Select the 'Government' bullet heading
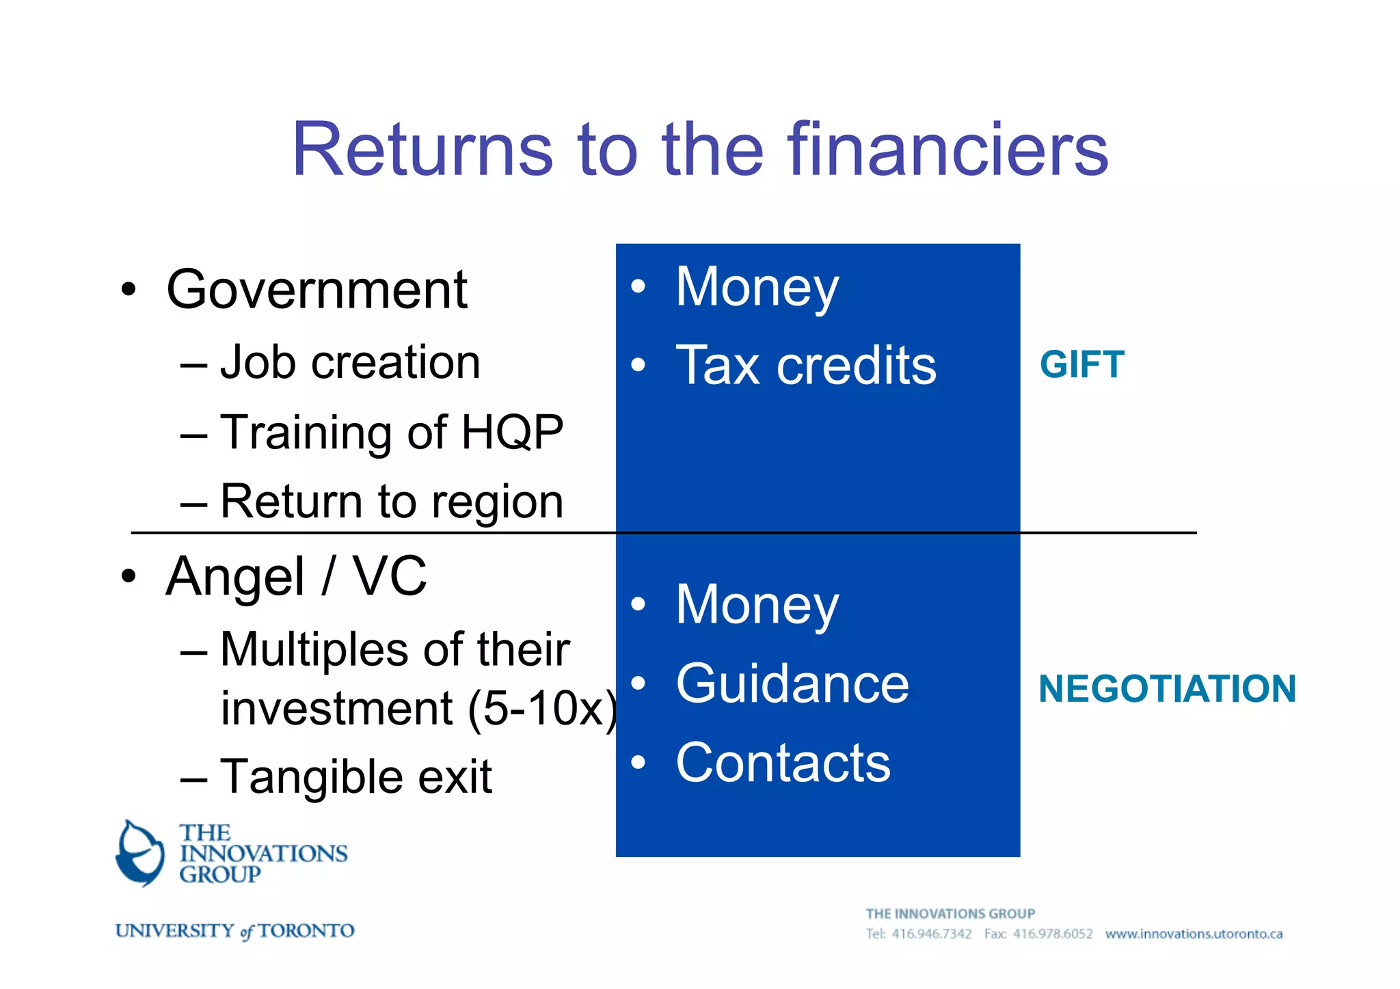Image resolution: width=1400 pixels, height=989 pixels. point(317,290)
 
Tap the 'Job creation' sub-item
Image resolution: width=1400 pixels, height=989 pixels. point(349,362)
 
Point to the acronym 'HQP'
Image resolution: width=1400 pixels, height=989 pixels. point(512,433)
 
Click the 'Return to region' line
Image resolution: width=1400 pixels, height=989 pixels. point(391,502)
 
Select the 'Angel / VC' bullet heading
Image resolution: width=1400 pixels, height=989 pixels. point(296,577)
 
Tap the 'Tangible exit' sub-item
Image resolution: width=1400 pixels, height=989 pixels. point(355,776)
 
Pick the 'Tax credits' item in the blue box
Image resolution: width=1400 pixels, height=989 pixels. point(805,366)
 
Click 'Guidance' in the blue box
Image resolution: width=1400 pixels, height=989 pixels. point(792,683)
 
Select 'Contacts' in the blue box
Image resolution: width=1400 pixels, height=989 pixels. point(783,763)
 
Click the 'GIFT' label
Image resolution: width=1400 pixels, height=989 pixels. point(1081,364)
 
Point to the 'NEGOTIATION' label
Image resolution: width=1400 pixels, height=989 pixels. point(1167,688)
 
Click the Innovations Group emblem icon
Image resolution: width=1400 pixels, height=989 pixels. point(140,853)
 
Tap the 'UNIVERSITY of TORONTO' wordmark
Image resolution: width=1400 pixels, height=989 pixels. point(234,931)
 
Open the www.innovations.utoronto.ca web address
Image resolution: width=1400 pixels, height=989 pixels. point(1194,934)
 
